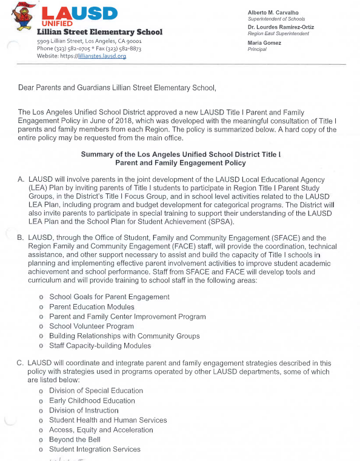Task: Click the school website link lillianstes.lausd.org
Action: [101, 56]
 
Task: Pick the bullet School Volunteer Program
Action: [92, 326]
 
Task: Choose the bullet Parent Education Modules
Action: [92, 307]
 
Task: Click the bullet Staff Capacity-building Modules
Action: [100, 345]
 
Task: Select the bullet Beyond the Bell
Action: [76, 439]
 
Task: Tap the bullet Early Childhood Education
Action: [92, 400]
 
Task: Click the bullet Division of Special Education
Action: [96, 391]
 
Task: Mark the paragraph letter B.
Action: [21, 238]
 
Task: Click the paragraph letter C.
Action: [21, 362]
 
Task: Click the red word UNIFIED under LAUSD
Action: [58, 23]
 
